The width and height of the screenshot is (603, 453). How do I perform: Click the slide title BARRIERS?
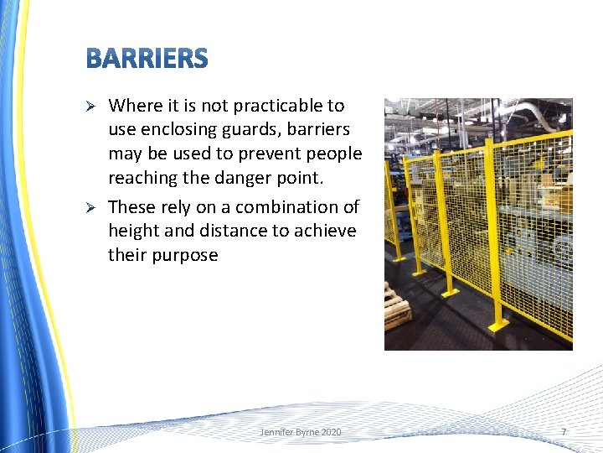coord(147,59)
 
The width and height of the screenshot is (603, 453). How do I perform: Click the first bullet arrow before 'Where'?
coord(93,106)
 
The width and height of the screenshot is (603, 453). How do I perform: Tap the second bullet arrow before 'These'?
coord(93,207)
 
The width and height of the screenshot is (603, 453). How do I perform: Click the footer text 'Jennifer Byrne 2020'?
coord(300,432)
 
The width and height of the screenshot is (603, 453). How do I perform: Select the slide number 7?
coord(563,431)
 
